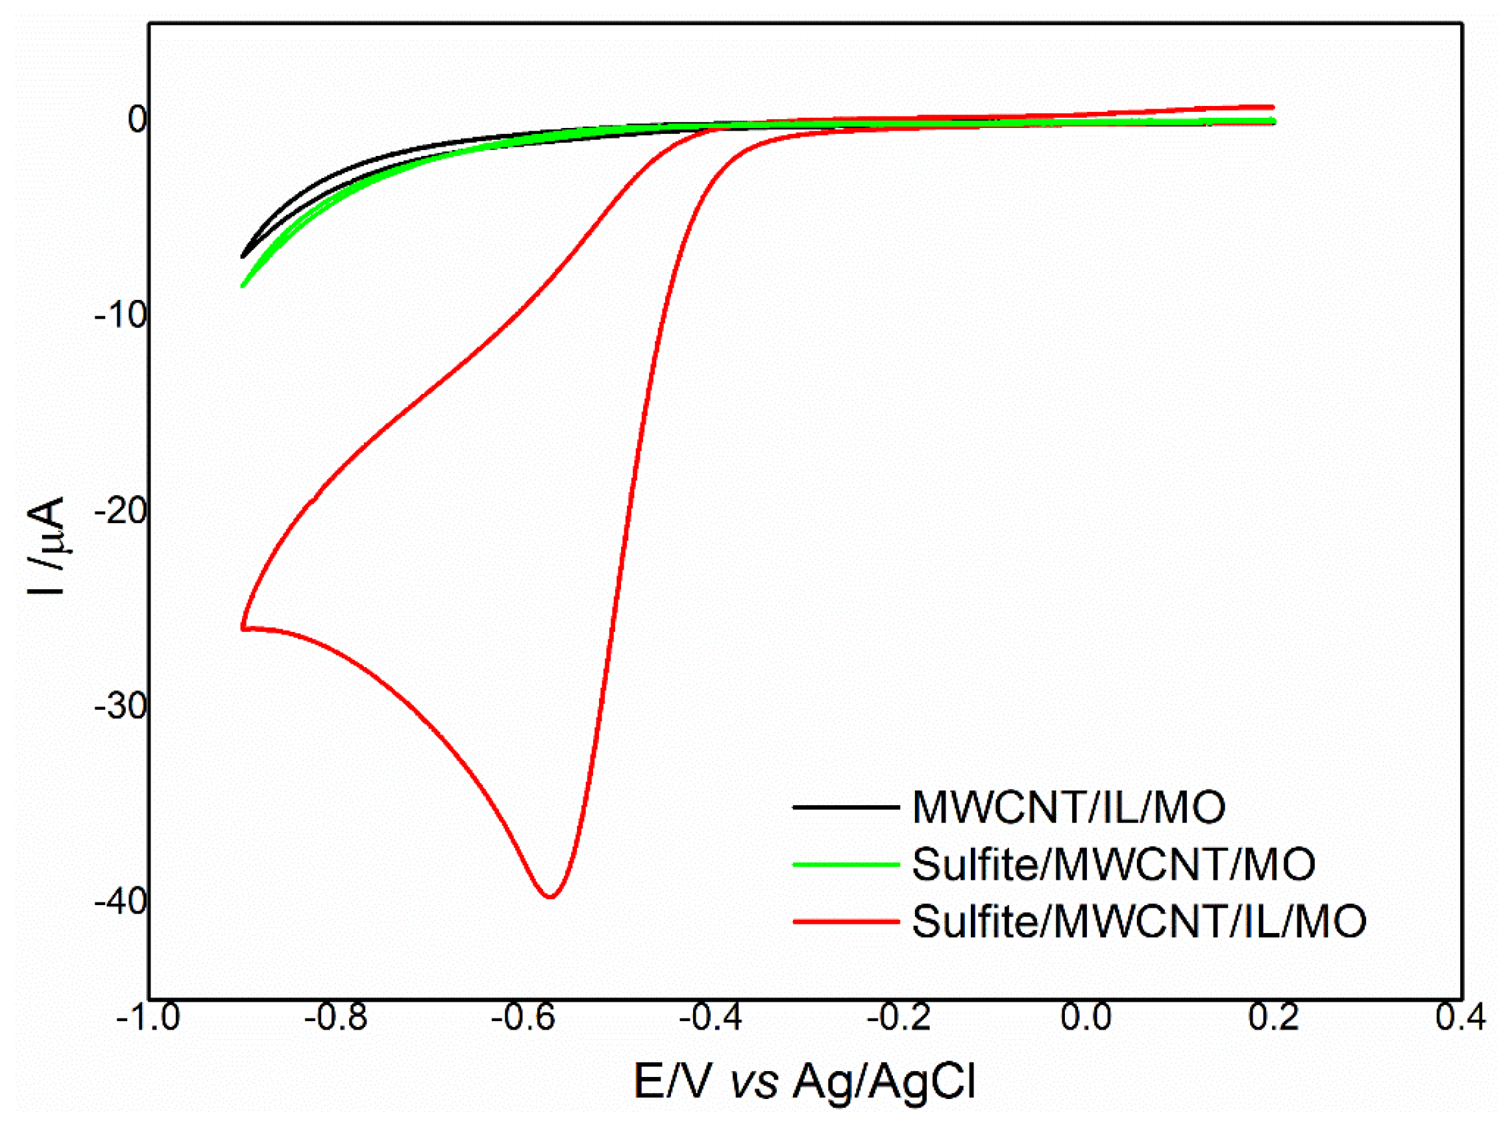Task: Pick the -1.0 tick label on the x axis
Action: [149, 1017]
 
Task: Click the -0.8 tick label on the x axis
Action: [336, 1017]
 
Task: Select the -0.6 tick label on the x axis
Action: [524, 1017]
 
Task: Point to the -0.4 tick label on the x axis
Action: [711, 1017]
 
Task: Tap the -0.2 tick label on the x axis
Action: [899, 1017]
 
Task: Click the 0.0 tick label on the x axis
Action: [1086, 1017]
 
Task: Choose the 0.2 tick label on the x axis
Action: [1274, 1017]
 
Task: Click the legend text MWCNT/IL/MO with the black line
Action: [1069, 807]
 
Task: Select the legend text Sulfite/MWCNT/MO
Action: [1114, 864]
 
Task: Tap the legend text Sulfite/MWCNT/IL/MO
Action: [1139, 921]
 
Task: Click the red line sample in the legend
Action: [846, 921]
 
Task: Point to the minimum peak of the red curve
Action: [551, 896]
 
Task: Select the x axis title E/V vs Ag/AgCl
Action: [804, 1081]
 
